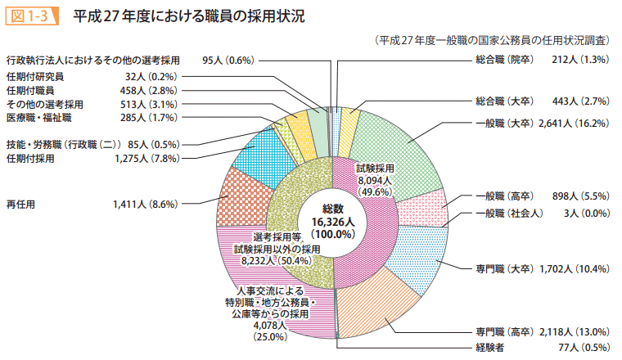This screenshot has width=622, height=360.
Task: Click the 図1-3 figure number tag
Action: pos(29,16)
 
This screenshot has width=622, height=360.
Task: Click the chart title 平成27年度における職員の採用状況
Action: pos(188,16)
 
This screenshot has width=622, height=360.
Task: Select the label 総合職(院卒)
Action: pos(504,60)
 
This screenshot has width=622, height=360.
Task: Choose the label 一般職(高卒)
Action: pos(504,196)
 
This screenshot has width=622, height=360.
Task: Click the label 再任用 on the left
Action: pos(20,203)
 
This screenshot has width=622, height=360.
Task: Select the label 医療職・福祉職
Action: pos(38,118)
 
